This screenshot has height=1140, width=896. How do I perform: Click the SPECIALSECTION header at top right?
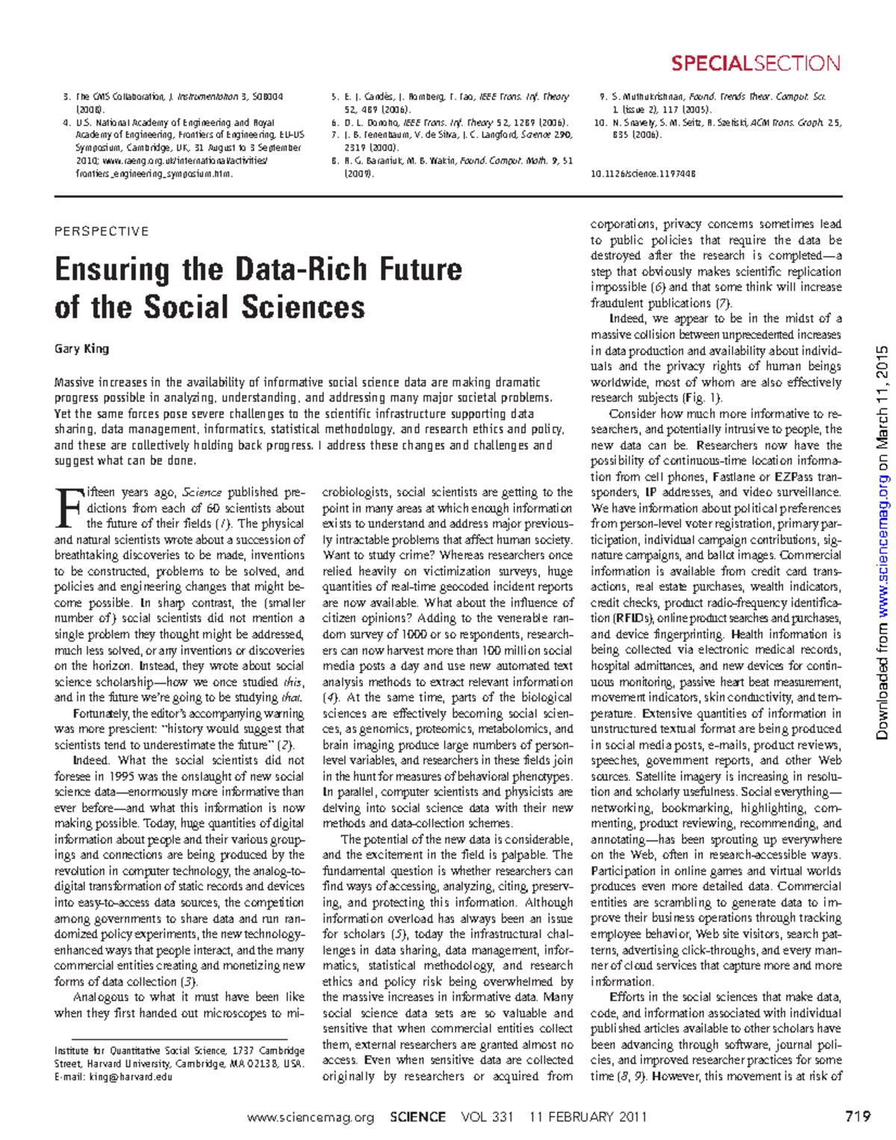(x=755, y=63)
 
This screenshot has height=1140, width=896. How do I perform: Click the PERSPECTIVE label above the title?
(x=102, y=231)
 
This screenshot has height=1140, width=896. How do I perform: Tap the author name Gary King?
(x=81, y=349)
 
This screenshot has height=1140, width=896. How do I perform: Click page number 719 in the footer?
(x=858, y=1117)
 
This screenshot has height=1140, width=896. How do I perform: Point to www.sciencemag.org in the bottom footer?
(x=310, y=1118)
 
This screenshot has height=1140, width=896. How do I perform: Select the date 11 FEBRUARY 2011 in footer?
(x=588, y=1118)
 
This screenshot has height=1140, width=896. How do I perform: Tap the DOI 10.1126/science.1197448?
(x=643, y=174)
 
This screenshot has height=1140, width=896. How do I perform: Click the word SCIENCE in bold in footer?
(x=417, y=1118)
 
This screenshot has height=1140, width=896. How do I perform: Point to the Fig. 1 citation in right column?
(x=703, y=398)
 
